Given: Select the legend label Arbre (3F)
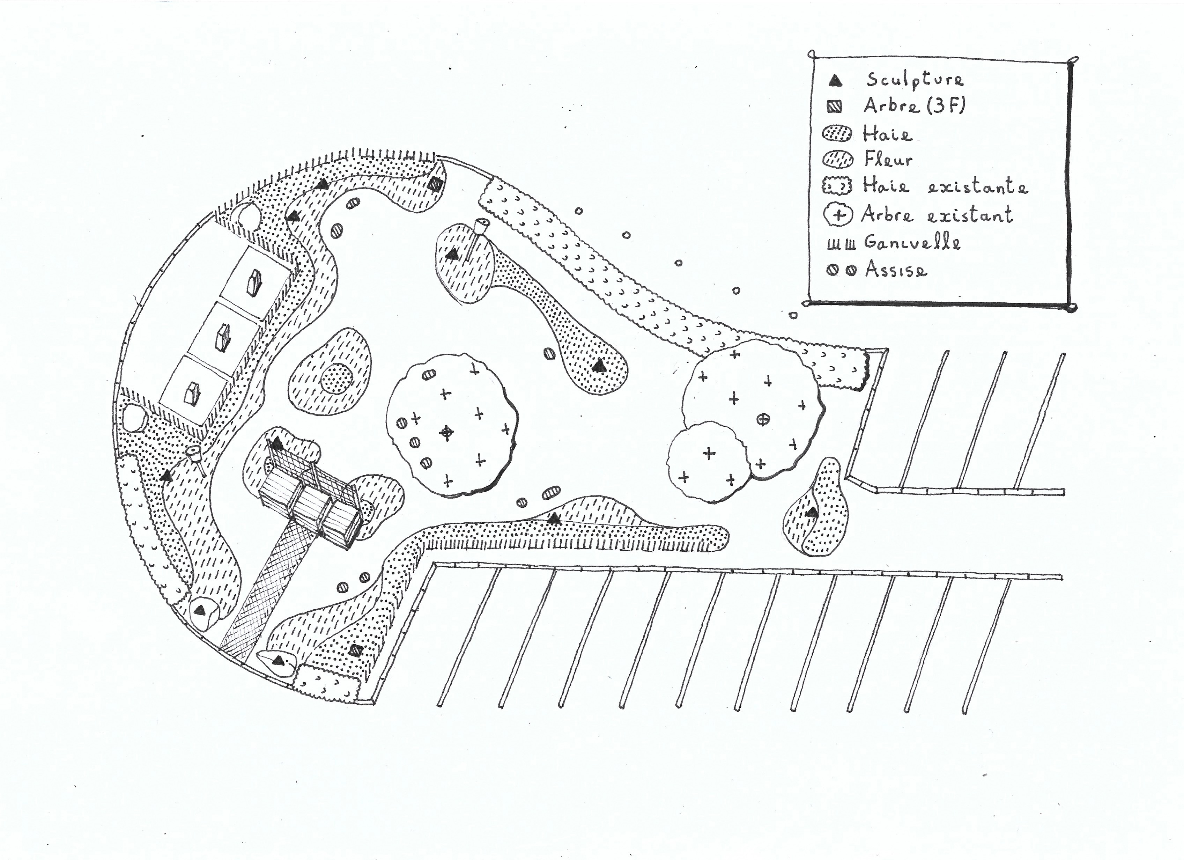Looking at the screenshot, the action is [913, 106].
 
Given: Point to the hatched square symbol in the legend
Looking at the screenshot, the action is [835, 108].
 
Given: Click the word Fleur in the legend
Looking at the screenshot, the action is [888, 159].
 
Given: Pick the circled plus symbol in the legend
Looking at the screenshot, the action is [838, 215].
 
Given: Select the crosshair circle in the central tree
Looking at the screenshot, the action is [446, 432].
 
